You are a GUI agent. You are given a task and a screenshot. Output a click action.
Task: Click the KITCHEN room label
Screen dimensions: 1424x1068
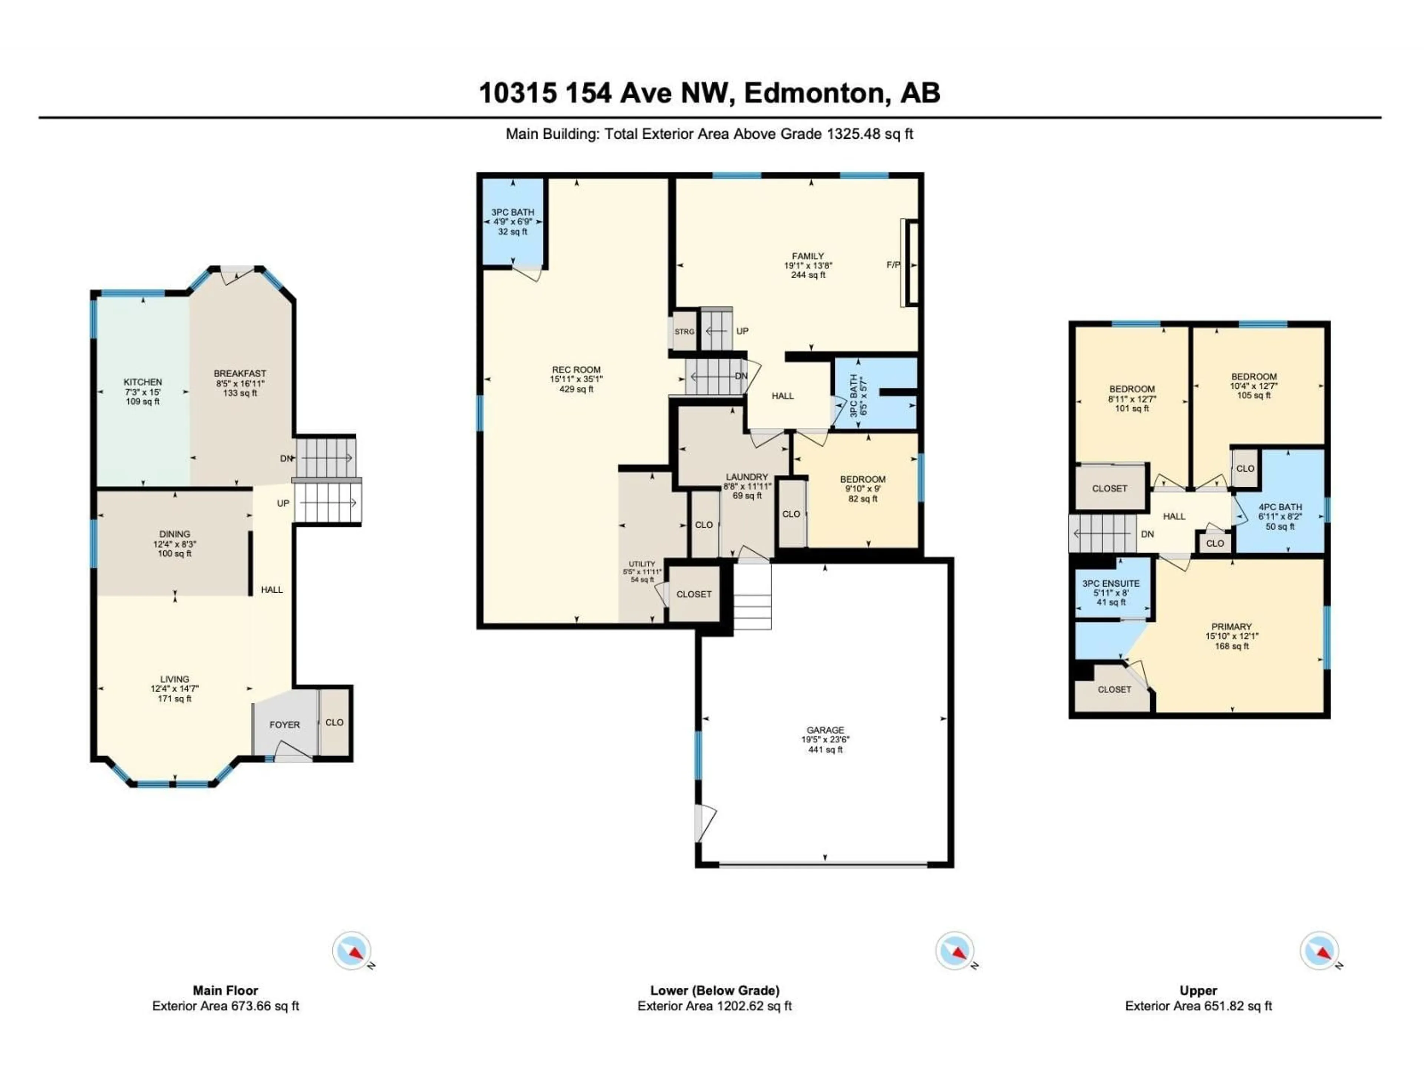coord(143,382)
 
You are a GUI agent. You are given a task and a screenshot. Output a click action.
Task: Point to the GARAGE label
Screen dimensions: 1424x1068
coord(825,730)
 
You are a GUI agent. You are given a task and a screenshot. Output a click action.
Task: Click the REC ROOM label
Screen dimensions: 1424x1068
coord(576,369)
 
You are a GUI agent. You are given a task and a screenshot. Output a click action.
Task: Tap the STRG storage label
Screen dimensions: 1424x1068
coord(684,332)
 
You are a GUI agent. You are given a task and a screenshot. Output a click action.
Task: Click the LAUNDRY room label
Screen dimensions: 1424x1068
coord(747,477)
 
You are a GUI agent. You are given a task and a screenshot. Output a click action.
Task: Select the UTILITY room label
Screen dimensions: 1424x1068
coord(642,564)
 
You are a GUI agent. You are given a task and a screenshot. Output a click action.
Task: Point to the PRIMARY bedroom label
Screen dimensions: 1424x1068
coord(1232,626)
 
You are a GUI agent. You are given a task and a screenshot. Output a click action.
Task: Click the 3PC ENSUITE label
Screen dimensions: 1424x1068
coord(1111,583)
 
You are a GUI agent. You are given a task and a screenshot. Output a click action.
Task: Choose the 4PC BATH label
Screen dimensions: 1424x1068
coord(1280,507)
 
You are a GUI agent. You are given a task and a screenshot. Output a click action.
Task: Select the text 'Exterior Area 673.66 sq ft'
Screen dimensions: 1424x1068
coord(225,1006)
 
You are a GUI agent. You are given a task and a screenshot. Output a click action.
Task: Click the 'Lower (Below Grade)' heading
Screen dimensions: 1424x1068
coord(715,991)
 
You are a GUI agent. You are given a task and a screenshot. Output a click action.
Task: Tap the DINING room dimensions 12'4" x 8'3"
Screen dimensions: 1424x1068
coord(174,544)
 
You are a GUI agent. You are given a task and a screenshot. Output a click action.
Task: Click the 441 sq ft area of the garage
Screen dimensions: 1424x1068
coord(825,749)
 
